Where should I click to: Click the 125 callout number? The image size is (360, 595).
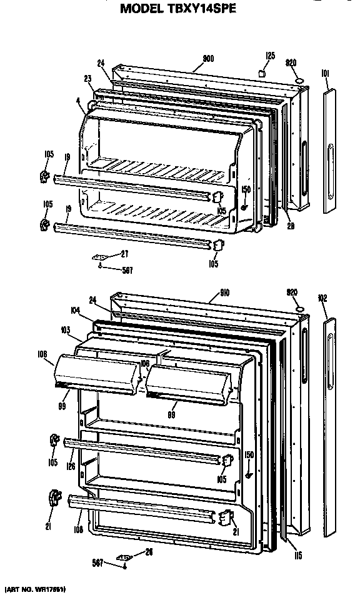(x=269, y=56)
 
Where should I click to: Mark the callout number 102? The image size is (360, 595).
(x=323, y=297)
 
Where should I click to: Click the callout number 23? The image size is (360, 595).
(x=87, y=78)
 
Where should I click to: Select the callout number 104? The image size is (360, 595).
(x=75, y=310)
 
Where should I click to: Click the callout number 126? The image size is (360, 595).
(x=72, y=465)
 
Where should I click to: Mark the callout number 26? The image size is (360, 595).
(x=148, y=551)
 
